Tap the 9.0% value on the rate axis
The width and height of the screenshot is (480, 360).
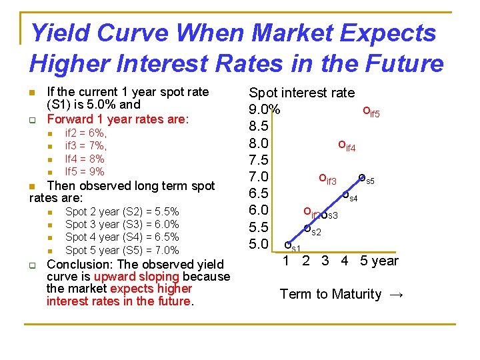pyautogui.click(x=265, y=109)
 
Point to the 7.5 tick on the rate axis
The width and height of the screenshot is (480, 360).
pyautogui.click(x=258, y=160)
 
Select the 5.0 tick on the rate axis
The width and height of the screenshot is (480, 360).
pyautogui.click(x=258, y=243)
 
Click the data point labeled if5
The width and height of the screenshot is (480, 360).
pyautogui.click(x=366, y=111)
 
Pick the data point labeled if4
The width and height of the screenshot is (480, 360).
pyautogui.click(x=342, y=144)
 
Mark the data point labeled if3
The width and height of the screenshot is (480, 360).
pyautogui.click(x=323, y=178)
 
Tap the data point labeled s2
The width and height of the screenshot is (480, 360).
pyautogui.click(x=307, y=229)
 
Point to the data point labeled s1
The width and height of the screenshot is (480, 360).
pyautogui.click(x=288, y=245)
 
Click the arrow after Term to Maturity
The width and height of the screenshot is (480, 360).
pyautogui.click(x=395, y=294)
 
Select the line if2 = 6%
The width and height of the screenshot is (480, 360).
pyautogui.click(x=85, y=133)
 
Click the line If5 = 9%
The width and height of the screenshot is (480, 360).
pyautogui.click(x=84, y=171)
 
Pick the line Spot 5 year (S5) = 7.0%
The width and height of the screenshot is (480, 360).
pyautogui.click(x=122, y=250)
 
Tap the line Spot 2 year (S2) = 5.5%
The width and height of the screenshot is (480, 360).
pyautogui.click(x=122, y=212)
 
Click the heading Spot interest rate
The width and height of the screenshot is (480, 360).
pyautogui.click(x=301, y=93)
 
